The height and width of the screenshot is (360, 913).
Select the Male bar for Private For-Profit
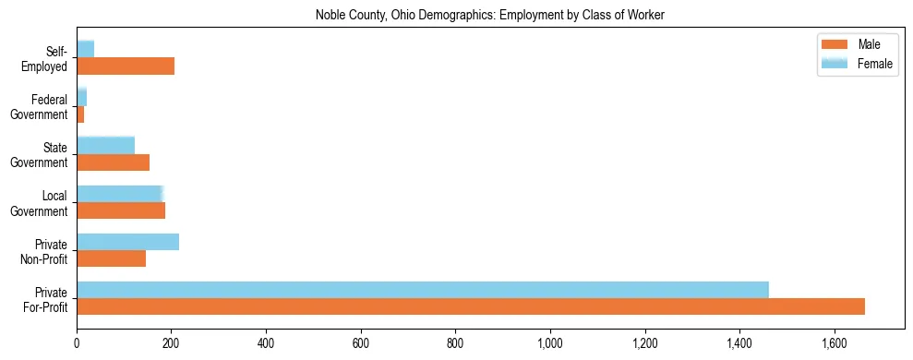(471, 306)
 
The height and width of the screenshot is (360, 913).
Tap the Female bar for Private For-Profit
(423, 290)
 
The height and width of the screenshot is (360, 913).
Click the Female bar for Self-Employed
(86, 49)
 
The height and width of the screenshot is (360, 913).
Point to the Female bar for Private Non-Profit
(127, 242)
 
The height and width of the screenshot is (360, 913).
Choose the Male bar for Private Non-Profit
(111, 258)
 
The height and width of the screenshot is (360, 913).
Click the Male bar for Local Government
(121, 210)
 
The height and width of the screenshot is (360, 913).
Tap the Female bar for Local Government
(120, 193)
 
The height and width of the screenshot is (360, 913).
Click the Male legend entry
(855, 45)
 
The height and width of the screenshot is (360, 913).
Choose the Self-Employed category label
(47, 59)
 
